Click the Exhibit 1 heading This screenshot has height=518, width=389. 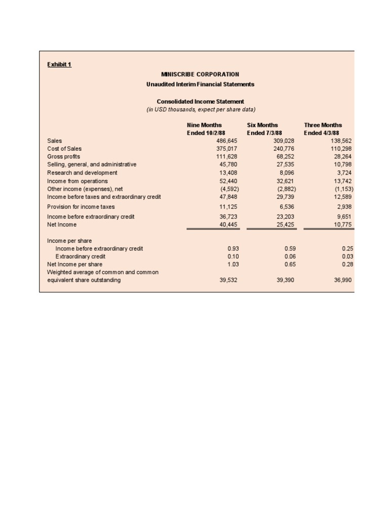pos(59,64)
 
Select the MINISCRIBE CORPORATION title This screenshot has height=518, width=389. pos(200,74)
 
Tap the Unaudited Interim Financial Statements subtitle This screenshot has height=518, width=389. pos(200,84)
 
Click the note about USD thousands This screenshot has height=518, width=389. pos(200,109)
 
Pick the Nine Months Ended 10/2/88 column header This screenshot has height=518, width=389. pos(205,129)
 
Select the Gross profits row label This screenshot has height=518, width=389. pos(63,157)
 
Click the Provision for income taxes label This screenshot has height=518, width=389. pos(81,207)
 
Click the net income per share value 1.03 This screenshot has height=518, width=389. pos(232,265)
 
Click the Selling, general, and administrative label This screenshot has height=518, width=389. pos(91,164)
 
